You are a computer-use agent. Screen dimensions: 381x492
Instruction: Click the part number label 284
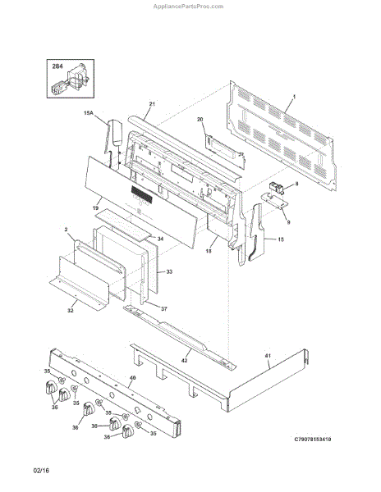pos(57,66)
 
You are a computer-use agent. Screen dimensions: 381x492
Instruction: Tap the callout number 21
pos(152,104)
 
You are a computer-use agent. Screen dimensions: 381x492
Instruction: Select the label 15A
pos(89,113)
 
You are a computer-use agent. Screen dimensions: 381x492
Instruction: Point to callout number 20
pos(200,119)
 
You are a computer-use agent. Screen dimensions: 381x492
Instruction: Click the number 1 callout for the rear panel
pos(294,97)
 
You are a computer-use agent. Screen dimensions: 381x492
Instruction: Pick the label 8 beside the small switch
pos(296,184)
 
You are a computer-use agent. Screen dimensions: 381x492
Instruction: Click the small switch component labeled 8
pos(277,189)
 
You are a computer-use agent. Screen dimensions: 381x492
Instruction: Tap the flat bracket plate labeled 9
pos(274,201)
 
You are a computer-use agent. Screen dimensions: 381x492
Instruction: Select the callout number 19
pos(96,208)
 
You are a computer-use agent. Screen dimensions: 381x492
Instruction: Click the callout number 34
pos(160,239)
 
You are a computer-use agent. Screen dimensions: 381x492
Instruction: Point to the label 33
pos(169,271)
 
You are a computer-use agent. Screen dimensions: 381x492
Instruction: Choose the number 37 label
pos(164,309)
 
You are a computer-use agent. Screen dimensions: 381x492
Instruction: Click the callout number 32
pos(71,310)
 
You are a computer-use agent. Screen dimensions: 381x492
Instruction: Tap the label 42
pos(185,361)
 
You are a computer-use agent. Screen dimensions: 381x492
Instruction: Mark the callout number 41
pos(268,356)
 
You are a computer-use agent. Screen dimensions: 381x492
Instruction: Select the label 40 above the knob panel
pos(133,378)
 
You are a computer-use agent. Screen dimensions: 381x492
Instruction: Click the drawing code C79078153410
pos(313,439)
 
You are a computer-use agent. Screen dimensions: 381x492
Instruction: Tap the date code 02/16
pos(41,471)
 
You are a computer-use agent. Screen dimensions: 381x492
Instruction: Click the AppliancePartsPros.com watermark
pos(188,7)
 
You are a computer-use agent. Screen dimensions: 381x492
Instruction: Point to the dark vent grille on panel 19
pos(141,194)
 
